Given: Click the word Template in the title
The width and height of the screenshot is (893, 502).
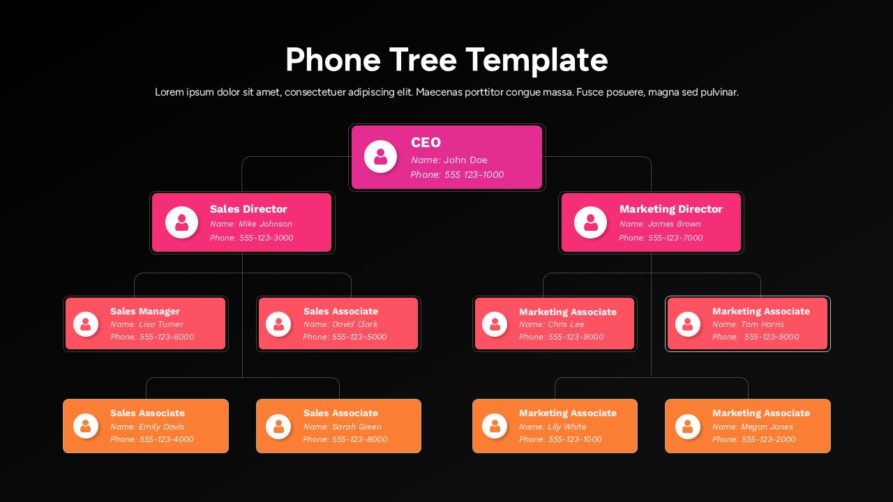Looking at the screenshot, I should (536, 60).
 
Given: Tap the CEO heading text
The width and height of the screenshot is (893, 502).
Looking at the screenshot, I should (426, 142).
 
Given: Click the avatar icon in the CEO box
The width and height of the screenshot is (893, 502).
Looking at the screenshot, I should (380, 157).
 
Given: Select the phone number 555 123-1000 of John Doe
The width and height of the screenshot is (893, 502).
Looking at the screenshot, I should (474, 175).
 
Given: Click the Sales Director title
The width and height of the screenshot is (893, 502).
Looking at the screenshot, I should (248, 209).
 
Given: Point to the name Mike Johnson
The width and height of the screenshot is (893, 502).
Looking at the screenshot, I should (265, 224).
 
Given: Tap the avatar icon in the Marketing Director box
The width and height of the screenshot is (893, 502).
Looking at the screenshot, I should (590, 222).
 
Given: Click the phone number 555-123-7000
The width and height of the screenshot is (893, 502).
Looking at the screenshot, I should (675, 238).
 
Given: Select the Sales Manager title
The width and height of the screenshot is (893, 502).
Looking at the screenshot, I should (145, 311).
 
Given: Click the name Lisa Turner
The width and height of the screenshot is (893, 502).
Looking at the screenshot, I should (160, 324).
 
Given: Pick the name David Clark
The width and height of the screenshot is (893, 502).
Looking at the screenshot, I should (354, 324).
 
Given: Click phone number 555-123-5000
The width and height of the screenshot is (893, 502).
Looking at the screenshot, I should (359, 337).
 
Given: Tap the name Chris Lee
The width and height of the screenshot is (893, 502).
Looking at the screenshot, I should (566, 324).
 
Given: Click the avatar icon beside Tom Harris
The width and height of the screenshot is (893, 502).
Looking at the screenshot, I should (687, 324).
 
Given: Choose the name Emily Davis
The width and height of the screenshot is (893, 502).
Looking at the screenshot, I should (161, 427).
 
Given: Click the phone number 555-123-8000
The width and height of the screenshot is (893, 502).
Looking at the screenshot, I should (359, 439).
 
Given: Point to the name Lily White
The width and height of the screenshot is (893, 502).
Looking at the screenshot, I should (566, 427).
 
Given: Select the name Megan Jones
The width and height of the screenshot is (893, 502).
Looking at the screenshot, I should (767, 427).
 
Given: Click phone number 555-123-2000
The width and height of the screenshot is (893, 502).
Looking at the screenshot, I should (769, 439).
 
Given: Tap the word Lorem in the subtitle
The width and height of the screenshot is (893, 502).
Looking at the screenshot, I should (169, 92).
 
